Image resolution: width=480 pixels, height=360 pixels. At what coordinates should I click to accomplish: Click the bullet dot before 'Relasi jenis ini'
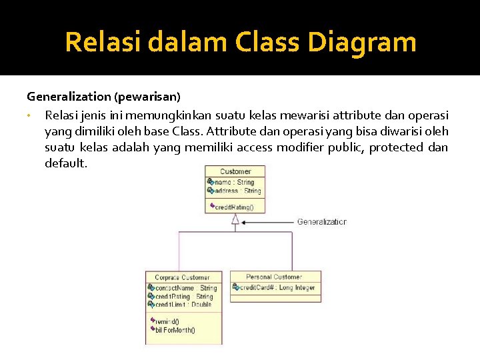(30, 115)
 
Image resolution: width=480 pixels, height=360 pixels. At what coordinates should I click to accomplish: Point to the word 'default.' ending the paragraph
(66, 163)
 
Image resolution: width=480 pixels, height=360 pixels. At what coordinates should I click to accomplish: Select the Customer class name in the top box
(235, 171)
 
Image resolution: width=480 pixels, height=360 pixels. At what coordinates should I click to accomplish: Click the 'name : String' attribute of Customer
(233, 182)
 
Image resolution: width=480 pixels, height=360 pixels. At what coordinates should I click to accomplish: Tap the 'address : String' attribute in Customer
(237, 191)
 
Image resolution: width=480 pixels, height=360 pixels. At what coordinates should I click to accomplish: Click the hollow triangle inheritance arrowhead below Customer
(235, 219)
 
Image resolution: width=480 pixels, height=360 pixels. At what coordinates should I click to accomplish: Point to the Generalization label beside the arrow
(321, 222)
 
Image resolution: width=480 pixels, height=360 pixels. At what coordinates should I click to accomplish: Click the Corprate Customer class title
(183, 277)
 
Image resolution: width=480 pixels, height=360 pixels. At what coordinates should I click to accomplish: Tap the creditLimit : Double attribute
(182, 304)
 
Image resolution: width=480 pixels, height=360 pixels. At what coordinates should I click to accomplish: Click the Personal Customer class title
(273, 277)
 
